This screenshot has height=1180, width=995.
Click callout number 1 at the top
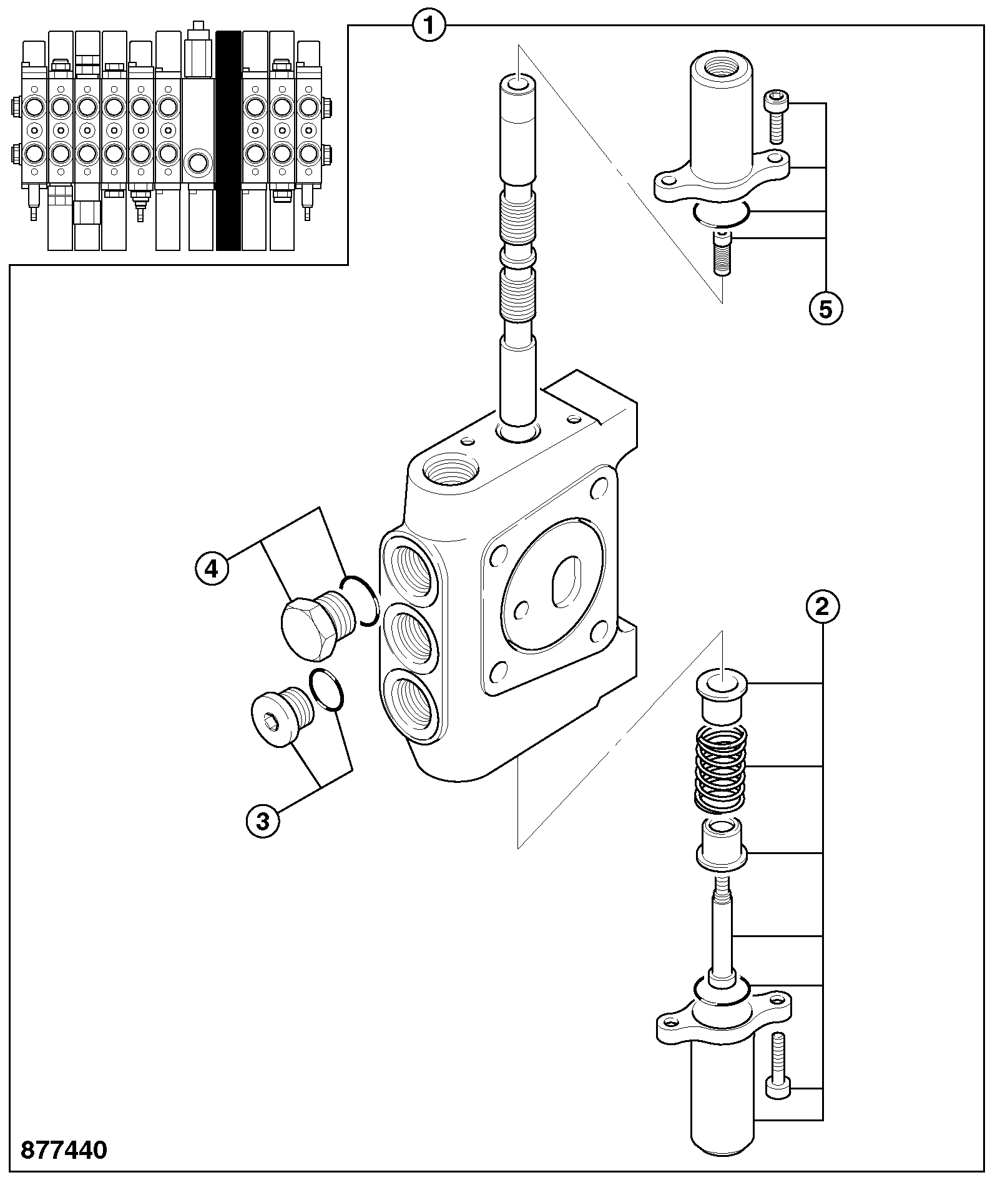coord(429,26)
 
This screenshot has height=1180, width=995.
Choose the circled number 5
coord(826,309)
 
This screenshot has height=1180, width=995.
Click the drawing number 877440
coord(64,1150)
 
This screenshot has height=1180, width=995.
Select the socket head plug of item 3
coord(280,716)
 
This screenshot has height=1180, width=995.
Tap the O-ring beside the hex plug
coord(359,601)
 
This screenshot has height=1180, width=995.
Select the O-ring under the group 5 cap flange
coord(720,214)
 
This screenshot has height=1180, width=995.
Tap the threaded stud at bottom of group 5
coord(722,252)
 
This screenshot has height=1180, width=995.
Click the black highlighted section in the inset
coord(228,140)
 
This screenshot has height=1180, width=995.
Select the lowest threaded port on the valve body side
coord(409,702)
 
